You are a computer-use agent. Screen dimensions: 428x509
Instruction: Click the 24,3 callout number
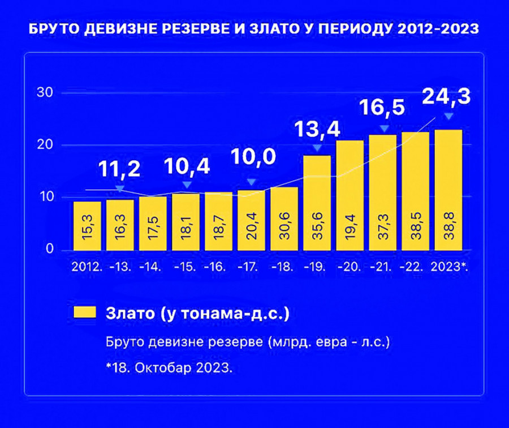coord(446,97)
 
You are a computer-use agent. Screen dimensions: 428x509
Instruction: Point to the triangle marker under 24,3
coord(448,117)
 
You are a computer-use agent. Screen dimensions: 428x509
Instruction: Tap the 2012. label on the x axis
coord(87,266)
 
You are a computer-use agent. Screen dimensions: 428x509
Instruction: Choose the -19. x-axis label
coord(317,266)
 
